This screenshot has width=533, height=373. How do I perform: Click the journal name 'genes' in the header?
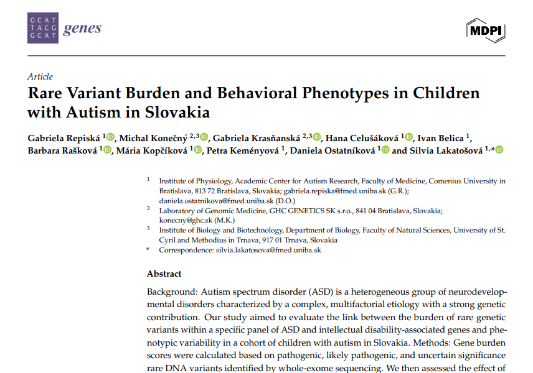[82, 29]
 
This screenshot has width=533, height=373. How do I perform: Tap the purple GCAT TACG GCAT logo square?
[42, 29]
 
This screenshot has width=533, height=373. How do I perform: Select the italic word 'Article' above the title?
[40, 76]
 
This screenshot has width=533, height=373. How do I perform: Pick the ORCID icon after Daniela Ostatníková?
[385, 150]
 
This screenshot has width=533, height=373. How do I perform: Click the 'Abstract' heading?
[164, 274]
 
